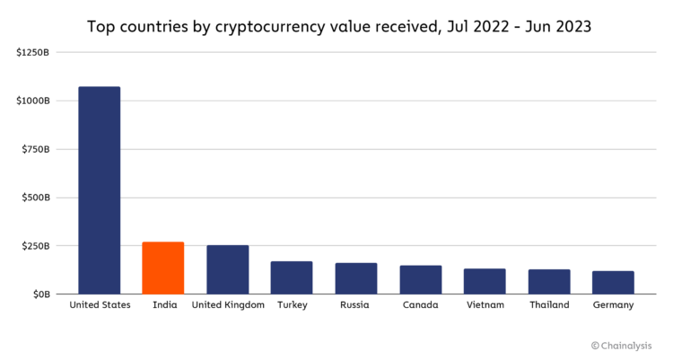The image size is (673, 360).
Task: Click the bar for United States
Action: [99, 190]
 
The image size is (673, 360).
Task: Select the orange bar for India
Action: [163, 268]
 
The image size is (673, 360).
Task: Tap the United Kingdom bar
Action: [228, 269]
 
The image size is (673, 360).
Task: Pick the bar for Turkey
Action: [292, 277]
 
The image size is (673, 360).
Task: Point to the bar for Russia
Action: [356, 278]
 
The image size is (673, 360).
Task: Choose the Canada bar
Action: [420, 279]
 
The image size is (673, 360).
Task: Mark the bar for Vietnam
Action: [485, 281]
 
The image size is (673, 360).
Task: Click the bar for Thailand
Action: [549, 281]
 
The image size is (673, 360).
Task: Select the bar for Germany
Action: [613, 282]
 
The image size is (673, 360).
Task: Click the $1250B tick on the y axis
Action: [34, 52]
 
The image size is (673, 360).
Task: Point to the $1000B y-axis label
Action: [34, 101]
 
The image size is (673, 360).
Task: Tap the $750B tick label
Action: [37, 149]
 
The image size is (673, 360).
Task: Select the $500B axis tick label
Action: [37, 198]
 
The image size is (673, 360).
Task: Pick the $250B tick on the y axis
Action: [37, 246]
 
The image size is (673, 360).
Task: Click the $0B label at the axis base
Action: [41, 294]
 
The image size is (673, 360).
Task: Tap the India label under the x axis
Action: [163, 305]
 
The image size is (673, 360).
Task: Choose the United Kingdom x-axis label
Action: [228, 305]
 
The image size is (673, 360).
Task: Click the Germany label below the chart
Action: [613, 305]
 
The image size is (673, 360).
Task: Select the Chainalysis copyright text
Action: [621, 346]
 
